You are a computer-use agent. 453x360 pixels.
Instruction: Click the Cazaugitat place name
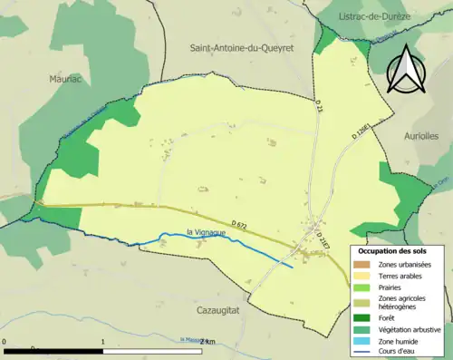point(222,309)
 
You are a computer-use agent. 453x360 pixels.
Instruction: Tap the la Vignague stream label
point(207,232)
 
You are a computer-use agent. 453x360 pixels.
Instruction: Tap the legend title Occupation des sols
point(398,249)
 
